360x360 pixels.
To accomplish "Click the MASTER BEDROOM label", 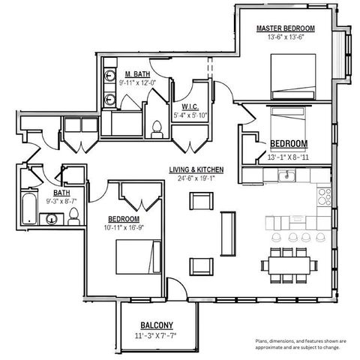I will click(x=285, y=28).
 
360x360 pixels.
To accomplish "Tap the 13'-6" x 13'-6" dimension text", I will click(x=285, y=37).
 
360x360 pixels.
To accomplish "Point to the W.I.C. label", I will click(x=184, y=106).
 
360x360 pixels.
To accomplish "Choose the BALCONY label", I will click(x=157, y=325).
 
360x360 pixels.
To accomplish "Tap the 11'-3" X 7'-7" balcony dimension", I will click(x=157, y=335).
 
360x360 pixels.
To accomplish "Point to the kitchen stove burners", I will click(x=324, y=196).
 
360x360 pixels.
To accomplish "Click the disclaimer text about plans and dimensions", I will click(x=296, y=343).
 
